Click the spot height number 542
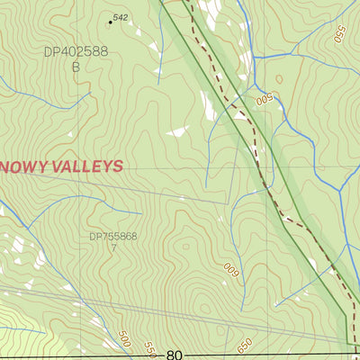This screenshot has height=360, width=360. click(121, 18)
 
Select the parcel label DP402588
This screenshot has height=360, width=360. click(76, 51)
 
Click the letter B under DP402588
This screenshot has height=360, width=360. click(76, 67)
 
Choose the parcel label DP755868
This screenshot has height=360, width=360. click(113, 237)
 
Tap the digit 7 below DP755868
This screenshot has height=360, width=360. click(113, 247)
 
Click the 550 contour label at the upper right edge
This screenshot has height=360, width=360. click(339, 35)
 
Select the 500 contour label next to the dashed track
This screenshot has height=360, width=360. click(264, 94)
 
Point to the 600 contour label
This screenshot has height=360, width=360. click(230, 268)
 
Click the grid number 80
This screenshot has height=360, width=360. click(175, 355)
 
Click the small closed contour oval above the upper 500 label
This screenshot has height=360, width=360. click(279, 79)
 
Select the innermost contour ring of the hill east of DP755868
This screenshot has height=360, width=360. click(186, 245)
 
